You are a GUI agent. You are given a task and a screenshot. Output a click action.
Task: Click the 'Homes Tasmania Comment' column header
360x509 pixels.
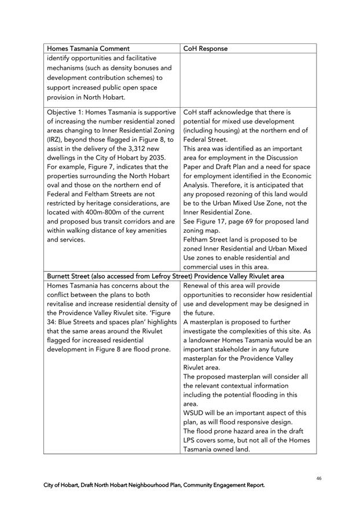(88, 49)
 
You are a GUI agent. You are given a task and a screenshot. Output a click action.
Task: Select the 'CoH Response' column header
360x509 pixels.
(205, 49)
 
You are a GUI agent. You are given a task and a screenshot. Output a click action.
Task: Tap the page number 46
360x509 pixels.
(319, 479)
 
